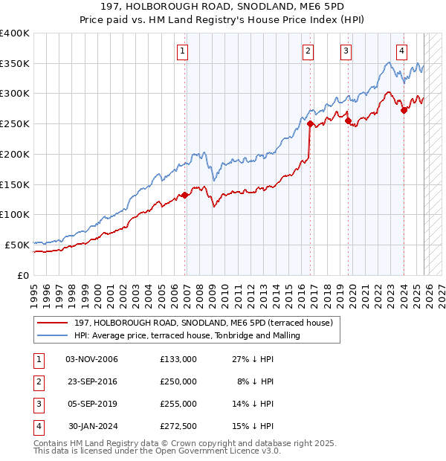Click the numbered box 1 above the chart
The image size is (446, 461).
182,51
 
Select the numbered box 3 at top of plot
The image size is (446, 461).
346,51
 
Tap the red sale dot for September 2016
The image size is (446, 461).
310,124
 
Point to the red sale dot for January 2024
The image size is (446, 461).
404,110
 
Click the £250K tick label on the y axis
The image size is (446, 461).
14,124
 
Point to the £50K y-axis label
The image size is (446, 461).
16,245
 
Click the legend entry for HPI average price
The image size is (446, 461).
187,335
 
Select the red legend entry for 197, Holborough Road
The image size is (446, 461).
207,323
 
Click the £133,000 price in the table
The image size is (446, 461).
178,359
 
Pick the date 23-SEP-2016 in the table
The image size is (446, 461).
91,381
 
